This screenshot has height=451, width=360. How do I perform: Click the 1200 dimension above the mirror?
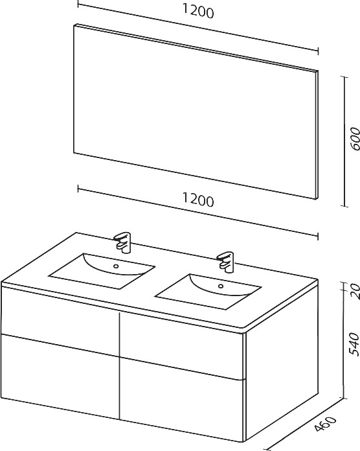click(198, 12)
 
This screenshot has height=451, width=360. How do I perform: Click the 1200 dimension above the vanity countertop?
click(198, 200)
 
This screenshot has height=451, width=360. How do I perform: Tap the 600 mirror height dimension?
click(355, 139)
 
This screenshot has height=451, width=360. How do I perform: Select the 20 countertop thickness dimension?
click(355, 291)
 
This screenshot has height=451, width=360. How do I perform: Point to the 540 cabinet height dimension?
click(354, 344)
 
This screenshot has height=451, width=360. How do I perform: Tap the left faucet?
click(122, 242)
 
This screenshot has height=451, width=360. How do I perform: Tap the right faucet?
click(227, 262)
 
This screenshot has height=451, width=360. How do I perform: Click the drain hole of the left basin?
click(116, 266)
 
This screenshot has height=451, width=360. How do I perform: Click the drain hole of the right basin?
click(221, 286)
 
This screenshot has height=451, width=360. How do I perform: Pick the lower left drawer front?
click(60, 375)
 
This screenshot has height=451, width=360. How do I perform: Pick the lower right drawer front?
click(181, 400)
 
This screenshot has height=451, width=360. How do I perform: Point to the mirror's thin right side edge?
click(317, 135)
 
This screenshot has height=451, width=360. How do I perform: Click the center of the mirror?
click(196, 111)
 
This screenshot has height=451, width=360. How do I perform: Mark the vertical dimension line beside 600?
click(344, 141)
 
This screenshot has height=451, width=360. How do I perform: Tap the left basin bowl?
click(102, 271)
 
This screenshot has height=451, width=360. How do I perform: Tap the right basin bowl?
click(208, 291)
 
